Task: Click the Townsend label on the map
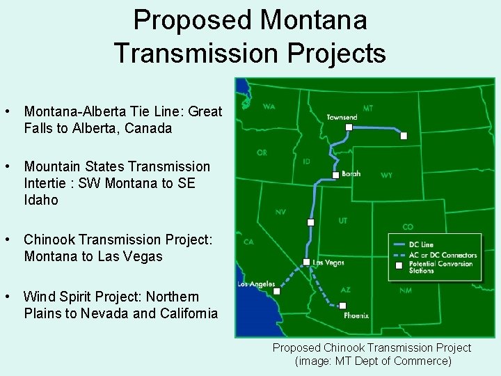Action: click(342, 118)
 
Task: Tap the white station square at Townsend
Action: click(349, 127)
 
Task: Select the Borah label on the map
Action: click(351, 174)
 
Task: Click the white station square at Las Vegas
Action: click(307, 262)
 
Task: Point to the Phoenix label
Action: click(356, 315)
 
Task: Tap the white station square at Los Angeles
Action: click(277, 292)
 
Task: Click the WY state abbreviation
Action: click(386, 175)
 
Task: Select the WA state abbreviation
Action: click(269, 107)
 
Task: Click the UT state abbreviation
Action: click(343, 220)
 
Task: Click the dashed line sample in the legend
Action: click(399, 255)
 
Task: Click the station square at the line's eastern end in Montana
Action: click(404, 136)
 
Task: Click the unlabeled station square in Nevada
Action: click(311, 222)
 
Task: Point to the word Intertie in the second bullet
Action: click(45, 183)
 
